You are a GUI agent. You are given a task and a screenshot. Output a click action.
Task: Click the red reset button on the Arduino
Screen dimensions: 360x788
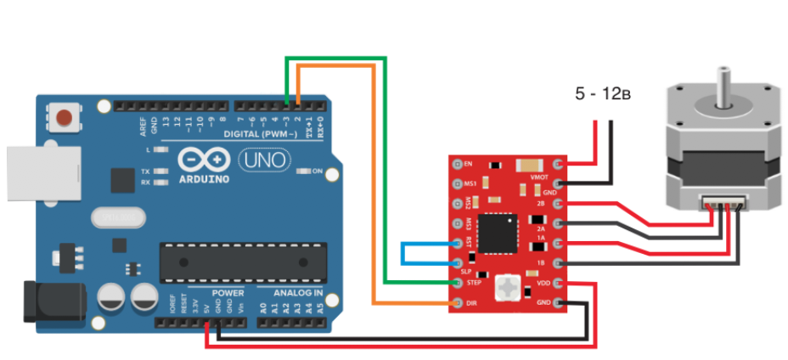click(62, 116)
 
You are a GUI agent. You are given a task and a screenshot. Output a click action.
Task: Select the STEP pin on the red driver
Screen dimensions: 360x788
click(459, 284)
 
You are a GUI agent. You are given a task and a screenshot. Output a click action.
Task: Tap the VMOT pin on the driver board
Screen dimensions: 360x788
click(558, 163)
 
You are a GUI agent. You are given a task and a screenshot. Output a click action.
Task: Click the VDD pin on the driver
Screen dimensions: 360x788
click(558, 284)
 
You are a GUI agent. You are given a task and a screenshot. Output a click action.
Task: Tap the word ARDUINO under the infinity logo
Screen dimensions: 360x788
click(205, 179)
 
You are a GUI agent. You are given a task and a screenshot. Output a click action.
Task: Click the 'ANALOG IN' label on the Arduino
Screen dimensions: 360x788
click(296, 293)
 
